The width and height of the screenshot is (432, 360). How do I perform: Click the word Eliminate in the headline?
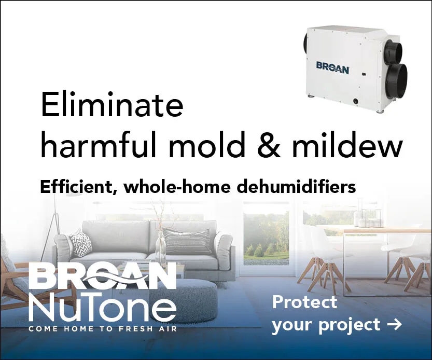point(112,105)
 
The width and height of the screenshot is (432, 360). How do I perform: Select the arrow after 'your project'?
point(394,325)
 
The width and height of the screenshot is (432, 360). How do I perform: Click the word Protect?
point(305,302)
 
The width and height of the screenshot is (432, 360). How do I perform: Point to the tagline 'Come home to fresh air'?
point(103,329)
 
